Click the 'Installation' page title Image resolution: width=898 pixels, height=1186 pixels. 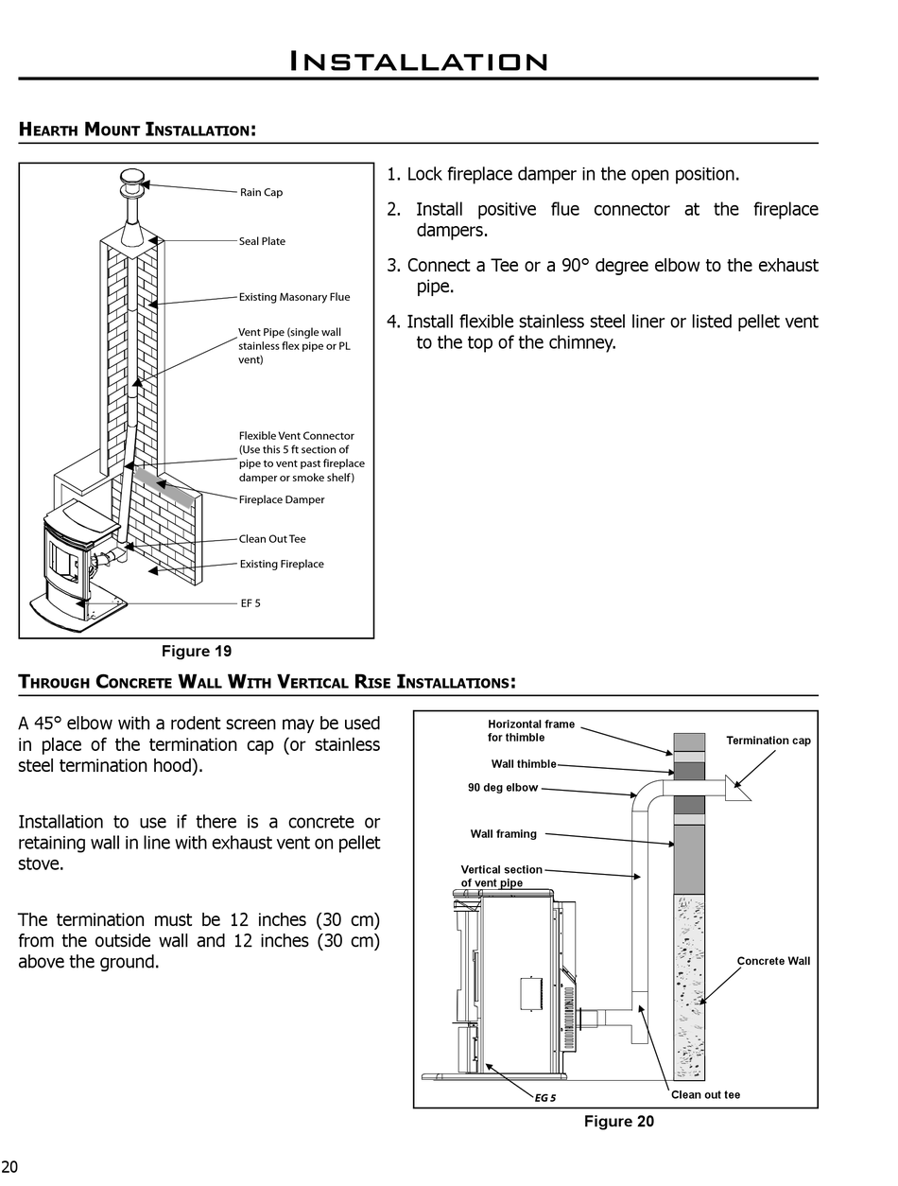pos(418,62)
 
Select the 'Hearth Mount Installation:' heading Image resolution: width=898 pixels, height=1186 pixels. pos(137,129)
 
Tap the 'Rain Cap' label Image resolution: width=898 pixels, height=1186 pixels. pos(261,192)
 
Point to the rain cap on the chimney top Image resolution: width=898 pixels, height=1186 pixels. pos(132,178)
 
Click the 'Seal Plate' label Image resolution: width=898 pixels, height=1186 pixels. pos(262,241)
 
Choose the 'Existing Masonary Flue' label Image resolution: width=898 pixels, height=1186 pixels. pos(294,297)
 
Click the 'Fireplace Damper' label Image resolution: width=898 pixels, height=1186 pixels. pos(281,499)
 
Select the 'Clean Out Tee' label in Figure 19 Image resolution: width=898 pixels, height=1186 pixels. pos(272,539)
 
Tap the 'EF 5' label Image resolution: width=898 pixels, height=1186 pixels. pos(250,603)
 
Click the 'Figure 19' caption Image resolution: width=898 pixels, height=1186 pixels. pos(197,651)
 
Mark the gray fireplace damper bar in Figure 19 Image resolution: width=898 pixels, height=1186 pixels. pos(164,483)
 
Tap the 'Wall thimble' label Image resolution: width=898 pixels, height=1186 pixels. pos(524,764)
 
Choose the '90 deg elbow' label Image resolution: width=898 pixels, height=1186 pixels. pos(503,788)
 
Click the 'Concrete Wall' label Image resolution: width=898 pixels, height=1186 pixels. pos(773,961)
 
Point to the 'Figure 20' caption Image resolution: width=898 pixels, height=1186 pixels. pos(618,1122)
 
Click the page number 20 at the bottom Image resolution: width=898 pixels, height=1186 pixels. pos(9,1167)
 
